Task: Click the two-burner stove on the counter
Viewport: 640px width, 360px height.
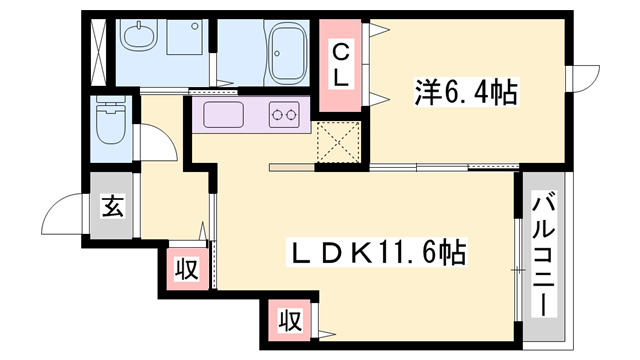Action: click(x=286, y=116)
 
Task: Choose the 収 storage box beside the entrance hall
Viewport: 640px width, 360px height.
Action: click(x=187, y=267)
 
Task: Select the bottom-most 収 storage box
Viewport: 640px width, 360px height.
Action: click(x=290, y=322)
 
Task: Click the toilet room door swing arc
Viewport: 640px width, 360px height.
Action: click(x=158, y=142)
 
